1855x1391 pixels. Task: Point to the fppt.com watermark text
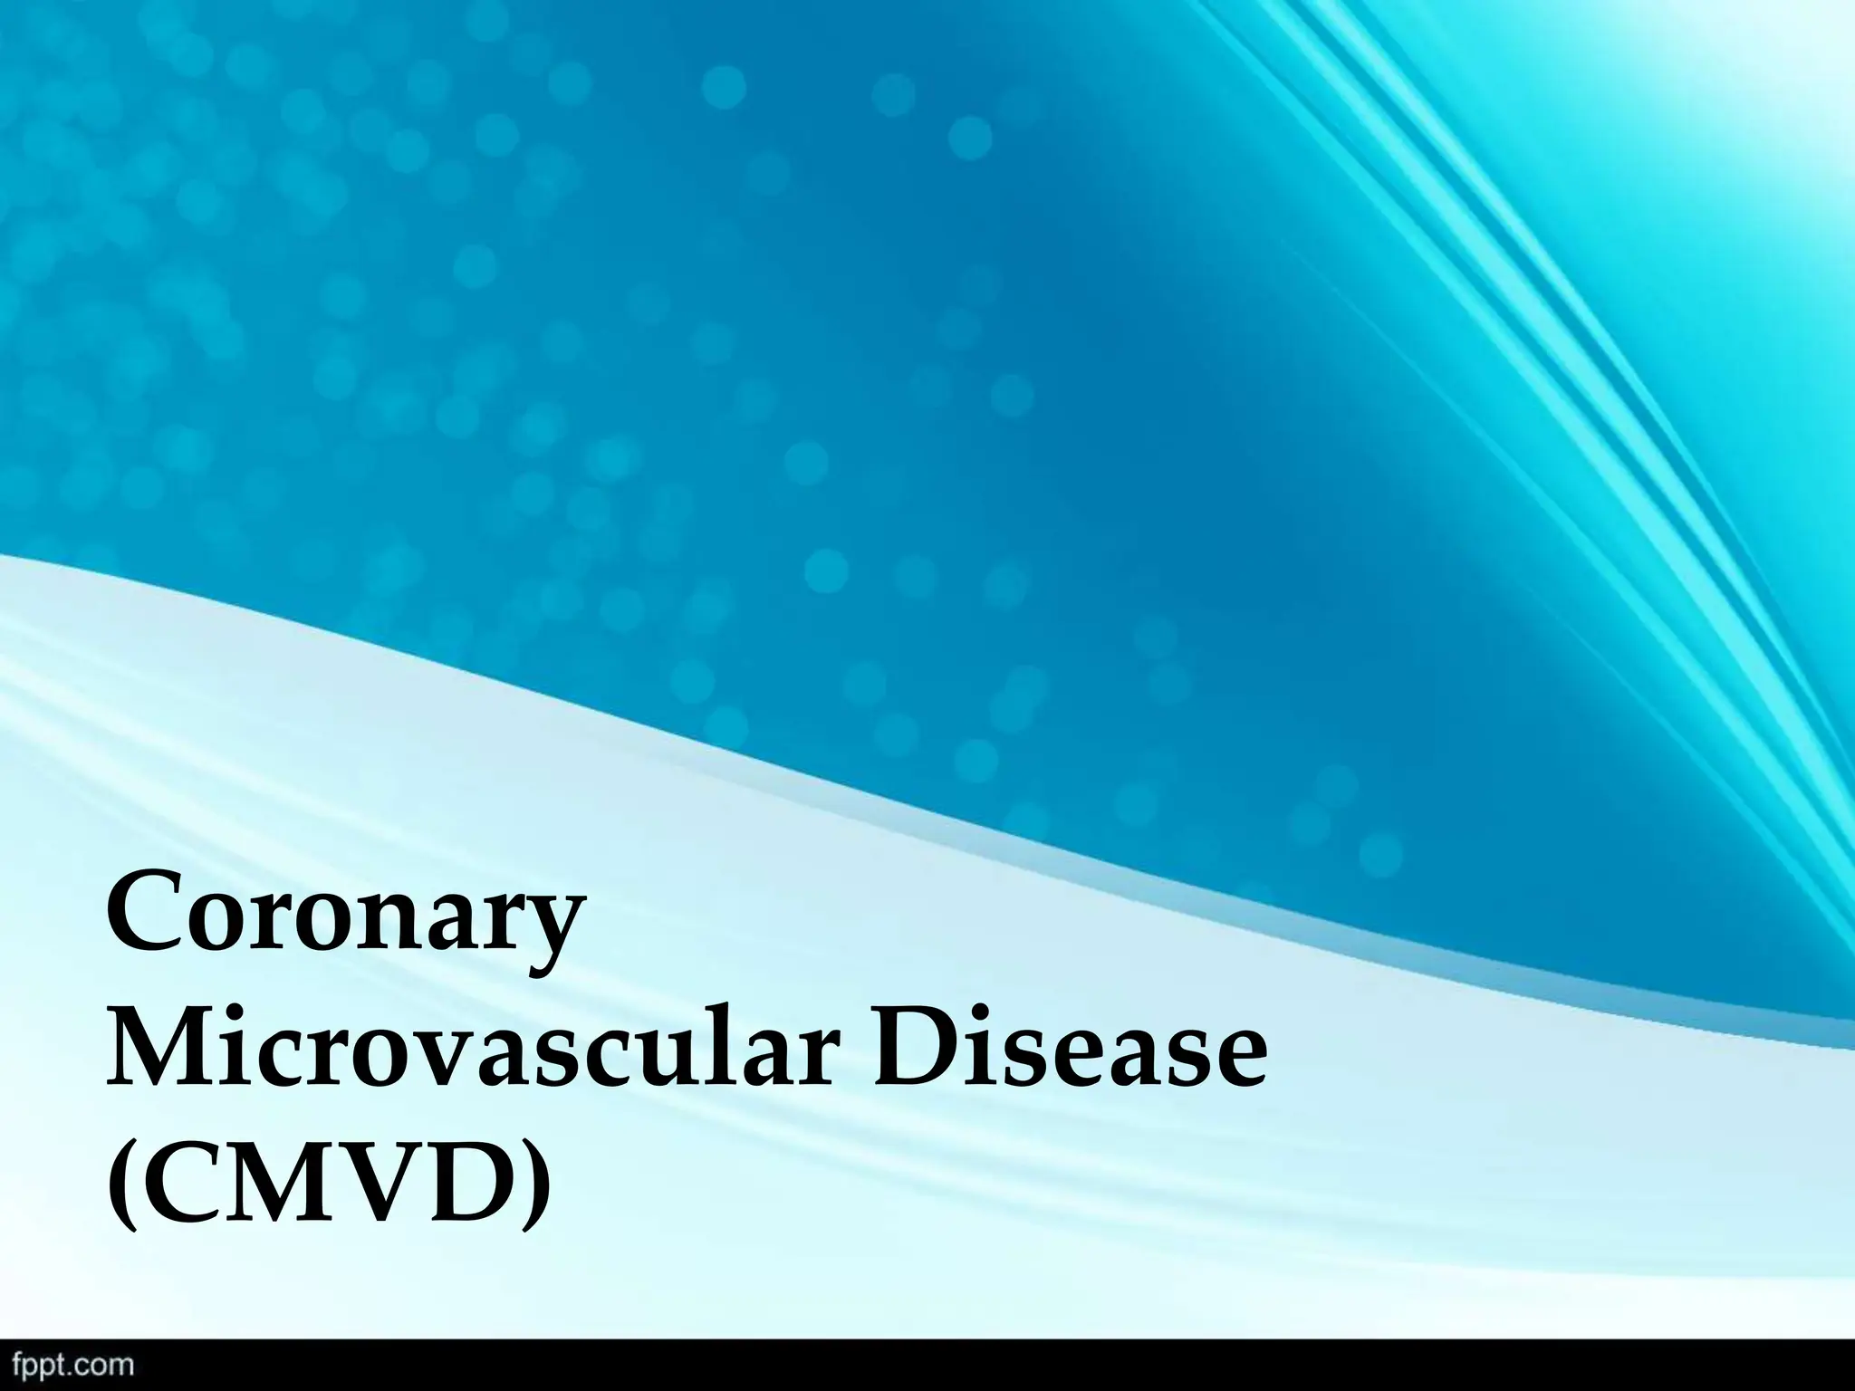point(68,1367)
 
